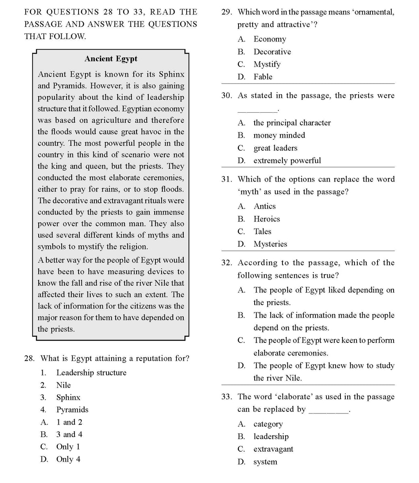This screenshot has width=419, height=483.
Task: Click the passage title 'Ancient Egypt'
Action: point(111,59)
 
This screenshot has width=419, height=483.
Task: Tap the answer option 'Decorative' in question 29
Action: point(272,52)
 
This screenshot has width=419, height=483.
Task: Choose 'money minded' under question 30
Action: point(279,135)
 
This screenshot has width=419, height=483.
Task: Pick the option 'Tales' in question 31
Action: point(262,231)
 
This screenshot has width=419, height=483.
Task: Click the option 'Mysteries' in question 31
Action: point(270,244)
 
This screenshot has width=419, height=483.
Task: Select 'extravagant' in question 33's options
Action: point(273,449)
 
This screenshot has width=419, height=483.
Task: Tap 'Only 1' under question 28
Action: point(68,447)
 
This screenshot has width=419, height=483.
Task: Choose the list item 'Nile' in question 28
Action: point(63,385)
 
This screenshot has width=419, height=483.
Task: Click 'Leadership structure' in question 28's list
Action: point(91,373)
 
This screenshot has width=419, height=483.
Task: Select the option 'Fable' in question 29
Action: point(263,76)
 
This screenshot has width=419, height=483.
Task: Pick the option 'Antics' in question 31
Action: point(265,206)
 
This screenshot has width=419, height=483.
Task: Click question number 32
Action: point(227,263)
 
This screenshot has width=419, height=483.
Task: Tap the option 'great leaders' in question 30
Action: point(275,148)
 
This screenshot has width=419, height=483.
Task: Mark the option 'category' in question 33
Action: point(268,424)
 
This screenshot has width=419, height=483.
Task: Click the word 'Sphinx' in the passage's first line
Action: point(171,74)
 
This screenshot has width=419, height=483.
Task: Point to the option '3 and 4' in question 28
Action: point(69,434)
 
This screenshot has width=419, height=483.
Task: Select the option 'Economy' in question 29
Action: point(270,39)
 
